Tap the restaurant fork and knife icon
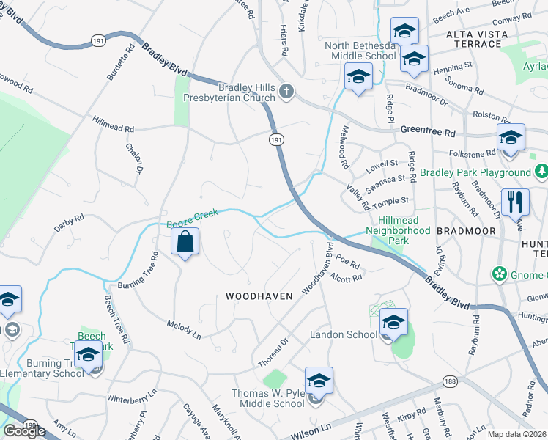pos(515,202)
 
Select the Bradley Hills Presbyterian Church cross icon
pos(286,91)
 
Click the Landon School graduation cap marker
pos(393,322)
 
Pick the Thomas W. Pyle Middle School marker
pos(319,381)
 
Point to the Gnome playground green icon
pos(500,274)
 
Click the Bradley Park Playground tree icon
pos(541,172)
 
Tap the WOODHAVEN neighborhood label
pos(259,296)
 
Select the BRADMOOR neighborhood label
pos(466,230)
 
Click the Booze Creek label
pos(193,217)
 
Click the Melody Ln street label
pos(183,329)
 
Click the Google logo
pos(24,431)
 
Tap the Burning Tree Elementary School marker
pos(88,354)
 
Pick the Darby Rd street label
pos(70,223)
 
